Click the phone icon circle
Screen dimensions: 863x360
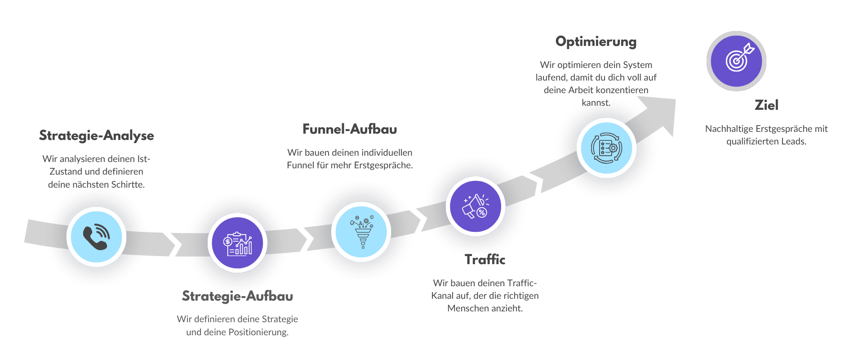point(96,237)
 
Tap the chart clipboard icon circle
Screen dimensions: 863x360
point(237,243)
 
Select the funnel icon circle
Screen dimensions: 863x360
point(361,231)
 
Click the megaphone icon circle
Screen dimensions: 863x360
point(476,206)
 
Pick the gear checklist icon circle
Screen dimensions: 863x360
point(606,148)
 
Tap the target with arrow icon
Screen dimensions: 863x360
point(736,61)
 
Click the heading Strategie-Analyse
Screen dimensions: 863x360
point(97,135)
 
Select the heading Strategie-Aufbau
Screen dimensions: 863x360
point(237,296)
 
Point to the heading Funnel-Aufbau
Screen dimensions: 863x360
point(350,129)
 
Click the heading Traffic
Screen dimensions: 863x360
point(485,259)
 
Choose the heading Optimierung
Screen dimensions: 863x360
point(596,41)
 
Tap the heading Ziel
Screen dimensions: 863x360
point(766,105)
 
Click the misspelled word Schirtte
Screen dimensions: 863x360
point(128,184)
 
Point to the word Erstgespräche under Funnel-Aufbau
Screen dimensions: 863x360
point(383,165)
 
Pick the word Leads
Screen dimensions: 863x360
point(793,141)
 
